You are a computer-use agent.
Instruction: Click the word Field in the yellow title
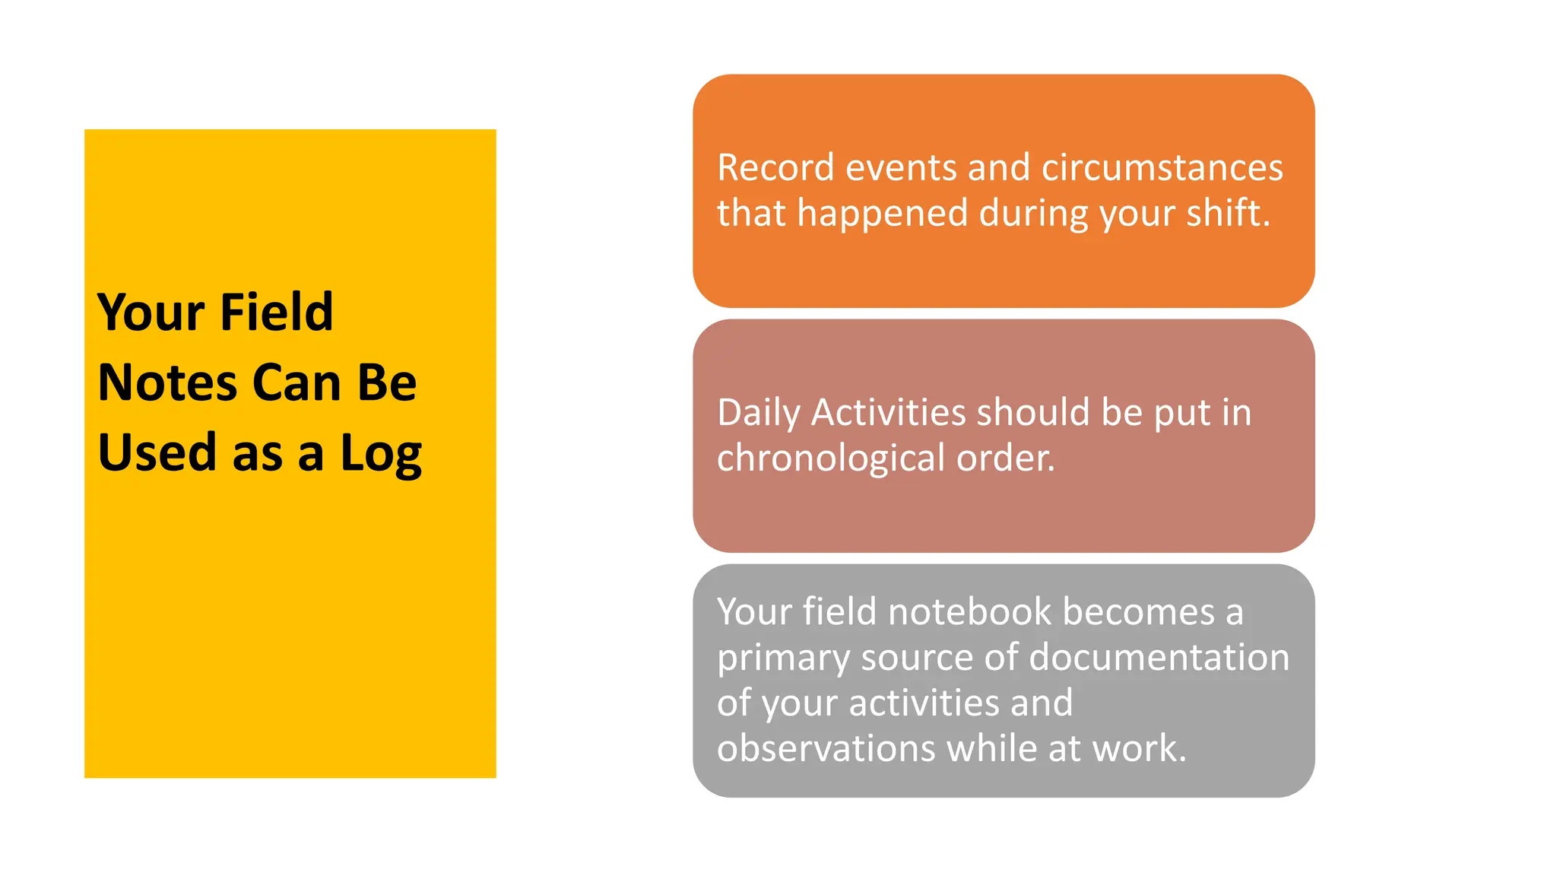(x=277, y=313)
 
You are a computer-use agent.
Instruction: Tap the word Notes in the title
(x=167, y=382)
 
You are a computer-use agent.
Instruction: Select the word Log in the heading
(x=381, y=454)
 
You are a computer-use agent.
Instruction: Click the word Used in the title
(x=158, y=452)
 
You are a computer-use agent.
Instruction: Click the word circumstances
(x=1162, y=168)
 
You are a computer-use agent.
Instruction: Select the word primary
(x=783, y=659)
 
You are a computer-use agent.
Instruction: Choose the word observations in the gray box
(x=826, y=749)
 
